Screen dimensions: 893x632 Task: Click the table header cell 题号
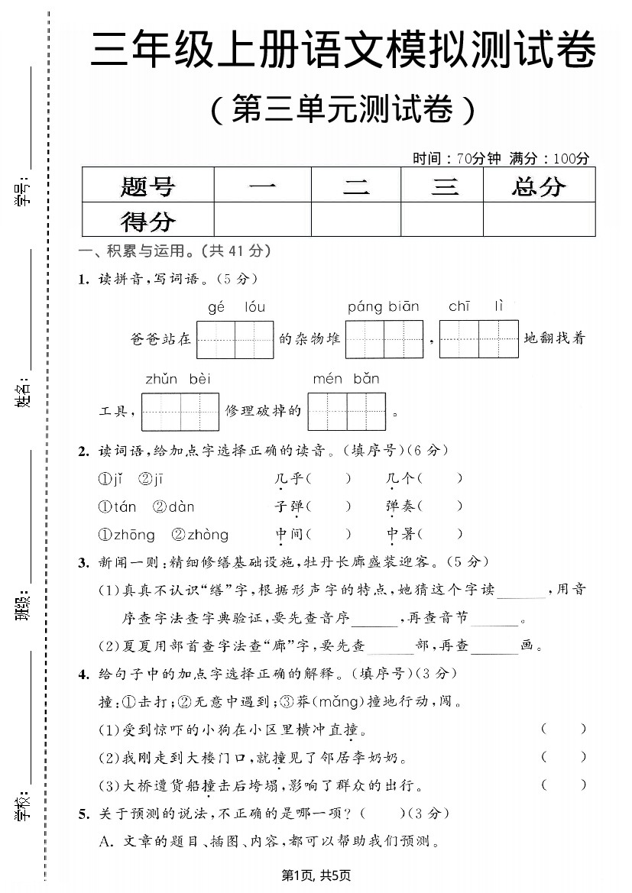point(147,186)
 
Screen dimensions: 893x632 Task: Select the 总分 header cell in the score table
point(539,186)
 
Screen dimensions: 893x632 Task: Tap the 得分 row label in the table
point(147,221)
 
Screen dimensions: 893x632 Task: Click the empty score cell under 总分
point(539,220)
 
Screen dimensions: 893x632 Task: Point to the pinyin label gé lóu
point(236,307)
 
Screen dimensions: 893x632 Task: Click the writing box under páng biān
point(384,340)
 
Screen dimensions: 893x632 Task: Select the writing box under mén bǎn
point(346,412)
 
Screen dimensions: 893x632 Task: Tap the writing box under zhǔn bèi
point(180,412)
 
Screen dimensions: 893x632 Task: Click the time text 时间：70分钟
point(456,159)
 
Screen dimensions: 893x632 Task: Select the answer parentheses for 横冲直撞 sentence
point(563,729)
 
